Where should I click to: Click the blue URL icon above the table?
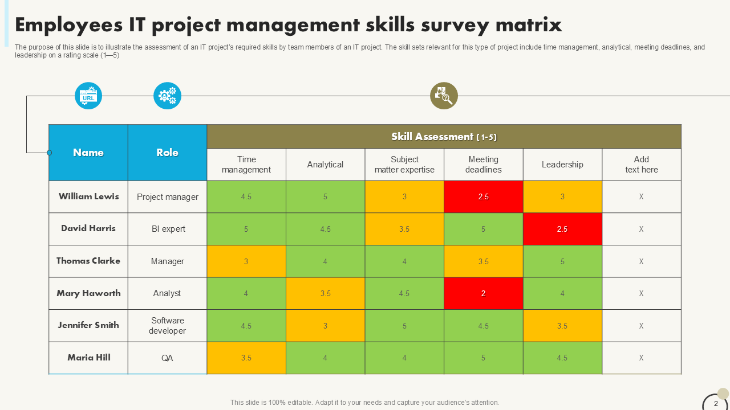point(88,96)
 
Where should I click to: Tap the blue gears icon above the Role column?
point(167,96)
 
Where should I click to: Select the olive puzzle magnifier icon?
point(444,96)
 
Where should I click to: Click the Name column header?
point(88,153)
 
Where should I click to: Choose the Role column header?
point(167,153)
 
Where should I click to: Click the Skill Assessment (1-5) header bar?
point(444,137)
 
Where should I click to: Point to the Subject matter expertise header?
point(404,165)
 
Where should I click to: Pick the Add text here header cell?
point(641,165)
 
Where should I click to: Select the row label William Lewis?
point(88,196)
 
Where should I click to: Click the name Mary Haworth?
point(88,293)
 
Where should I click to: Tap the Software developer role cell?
point(167,326)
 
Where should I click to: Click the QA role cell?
point(167,358)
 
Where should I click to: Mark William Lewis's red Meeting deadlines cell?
point(483,196)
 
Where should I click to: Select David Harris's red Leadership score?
point(562,229)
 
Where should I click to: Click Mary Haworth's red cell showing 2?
point(483,293)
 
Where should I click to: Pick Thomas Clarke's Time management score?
point(246,261)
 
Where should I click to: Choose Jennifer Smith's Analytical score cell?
point(325,326)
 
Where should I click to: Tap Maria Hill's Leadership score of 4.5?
point(562,358)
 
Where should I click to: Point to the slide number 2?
point(716,404)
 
